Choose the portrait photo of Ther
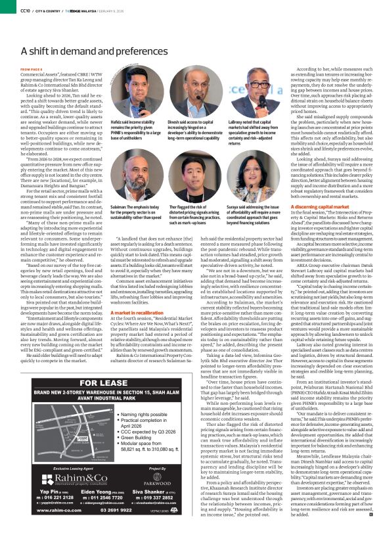pos(198,162)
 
